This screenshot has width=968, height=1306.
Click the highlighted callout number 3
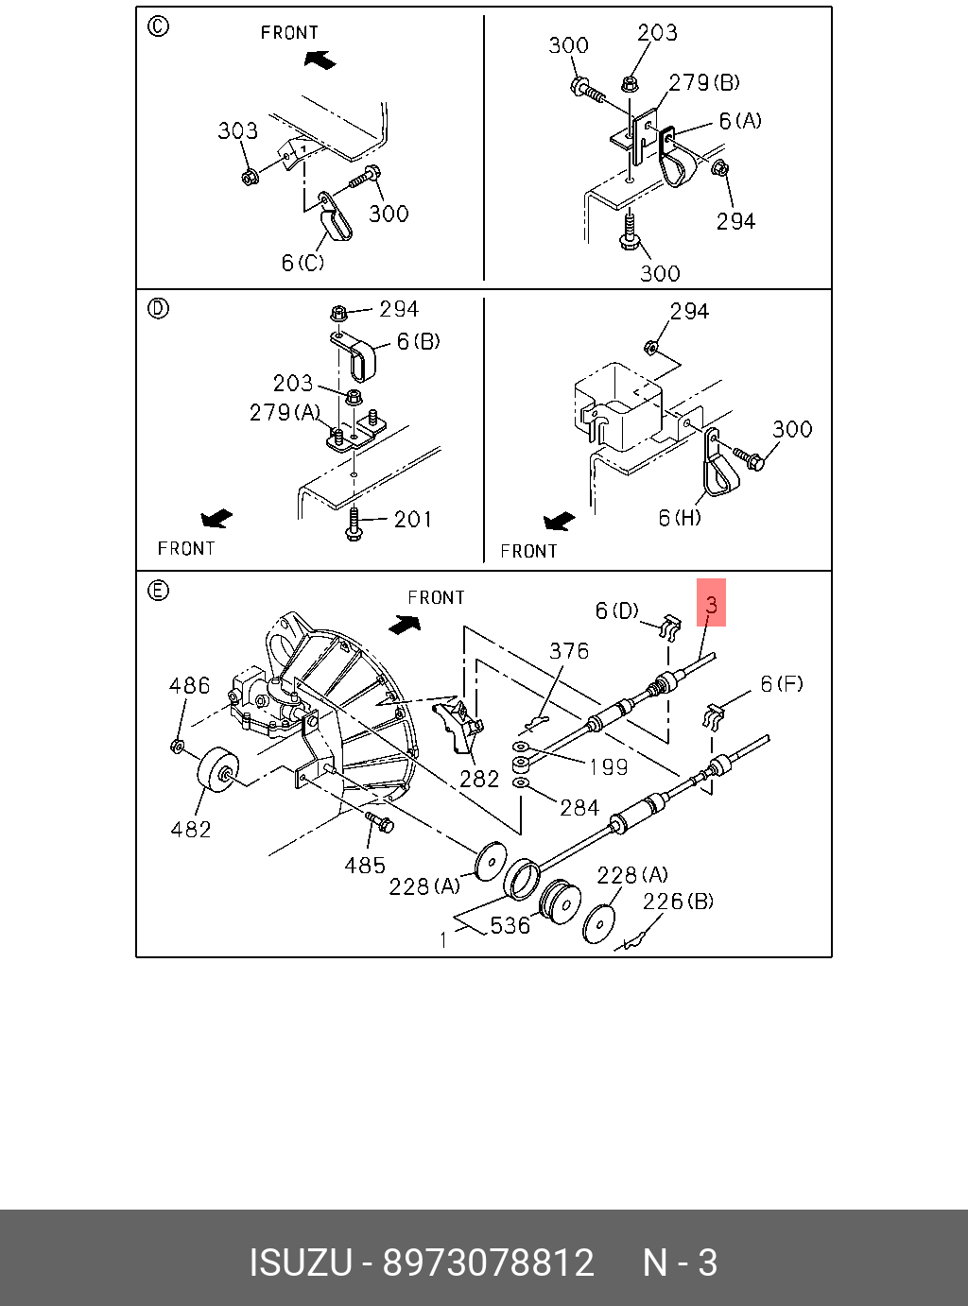pyautogui.click(x=711, y=603)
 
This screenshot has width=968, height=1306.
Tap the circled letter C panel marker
pyautogui.click(x=158, y=26)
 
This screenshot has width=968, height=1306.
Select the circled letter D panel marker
pyautogui.click(x=158, y=308)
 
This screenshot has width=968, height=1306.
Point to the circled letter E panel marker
pyautogui.click(x=158, y=591)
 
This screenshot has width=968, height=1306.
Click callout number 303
pyautogui.click(x=237, y=130)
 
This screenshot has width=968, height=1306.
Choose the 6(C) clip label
pyautogui.click(x=302, y=263)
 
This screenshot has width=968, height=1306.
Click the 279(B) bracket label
pyautogui.click(x=704, y=83)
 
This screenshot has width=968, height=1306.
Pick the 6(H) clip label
pyautogui.click(x=680, y=518)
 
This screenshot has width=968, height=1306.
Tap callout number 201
pyautogui.click(x=413, y=519)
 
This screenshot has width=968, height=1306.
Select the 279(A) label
pyautogui.click(x=285, y=412)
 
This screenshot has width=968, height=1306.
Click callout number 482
pyautogui.click(x=190, y=829)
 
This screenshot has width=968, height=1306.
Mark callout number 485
pyautogui.click(x=365, y=865)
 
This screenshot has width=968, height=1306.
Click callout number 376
pyautogui.click(x=569, y=650)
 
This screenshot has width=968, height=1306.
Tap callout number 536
pyautogui.click(x=510, y=925)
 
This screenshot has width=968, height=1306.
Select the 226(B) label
pyautogui.click(x=678, y=901)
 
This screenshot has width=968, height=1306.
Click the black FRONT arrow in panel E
pyautogui.click(x=405, y=624)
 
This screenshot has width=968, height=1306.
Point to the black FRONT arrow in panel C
pyautogui.click(x=320, y=60)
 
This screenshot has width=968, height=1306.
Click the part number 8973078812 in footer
pyautogui.click(x=488, y=1263)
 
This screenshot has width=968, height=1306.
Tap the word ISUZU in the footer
pyautogui.click(x=300, y=1263)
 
